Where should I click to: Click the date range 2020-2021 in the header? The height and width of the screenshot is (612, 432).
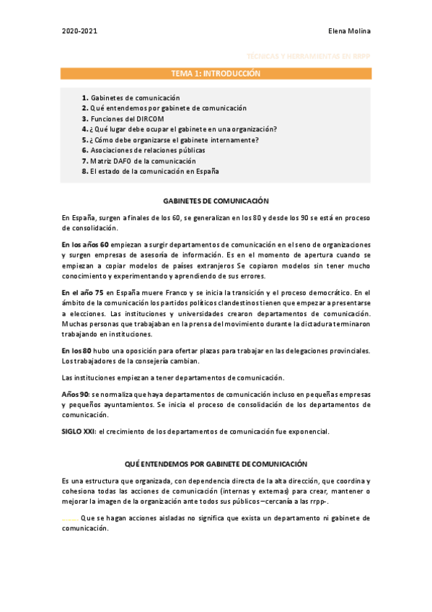(79, 31)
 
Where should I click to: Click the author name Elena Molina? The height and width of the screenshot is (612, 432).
(348, 31)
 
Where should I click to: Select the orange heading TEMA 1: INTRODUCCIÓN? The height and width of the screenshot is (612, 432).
(216, 74)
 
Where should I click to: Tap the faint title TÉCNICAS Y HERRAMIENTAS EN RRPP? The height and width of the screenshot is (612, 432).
(308, 56)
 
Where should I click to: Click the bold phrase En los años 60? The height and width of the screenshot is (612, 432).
(85, 245)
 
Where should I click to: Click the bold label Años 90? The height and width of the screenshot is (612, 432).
(75, 395)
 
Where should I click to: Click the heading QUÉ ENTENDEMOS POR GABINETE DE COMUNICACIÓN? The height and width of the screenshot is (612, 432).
(216, 464)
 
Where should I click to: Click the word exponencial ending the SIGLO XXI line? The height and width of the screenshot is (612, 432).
(307, 432)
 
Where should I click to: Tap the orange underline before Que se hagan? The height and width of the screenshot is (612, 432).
(70, 519)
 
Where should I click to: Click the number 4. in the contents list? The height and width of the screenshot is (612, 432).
(85, 129)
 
